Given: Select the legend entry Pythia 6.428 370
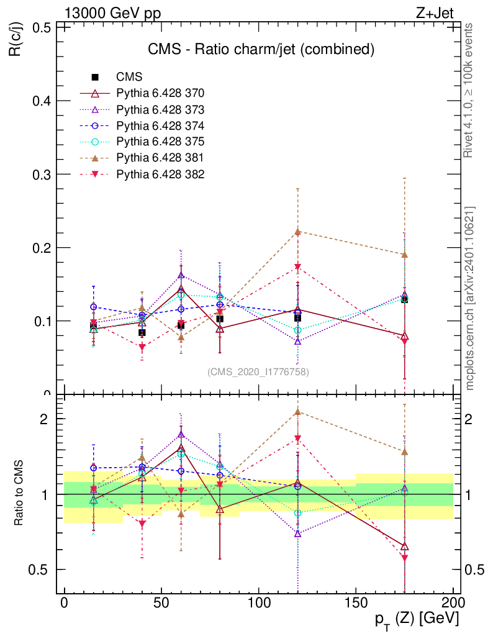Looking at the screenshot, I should coord(160,93).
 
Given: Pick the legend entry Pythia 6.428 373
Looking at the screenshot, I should coord(160,109).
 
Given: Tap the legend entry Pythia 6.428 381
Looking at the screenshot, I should coord(160,158).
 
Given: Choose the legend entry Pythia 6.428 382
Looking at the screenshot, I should coord(160,174).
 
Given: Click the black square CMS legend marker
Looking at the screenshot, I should coord(95,77).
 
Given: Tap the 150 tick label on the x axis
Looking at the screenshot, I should coord(356,604).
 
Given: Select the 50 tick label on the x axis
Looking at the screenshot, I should coord(161,604).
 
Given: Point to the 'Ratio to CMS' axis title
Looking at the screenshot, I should coord(20,494).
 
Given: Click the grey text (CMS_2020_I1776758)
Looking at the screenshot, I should coord(258,371).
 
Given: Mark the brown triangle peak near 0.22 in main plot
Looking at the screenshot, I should coord(298,232).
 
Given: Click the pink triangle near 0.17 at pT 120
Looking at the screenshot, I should coord(298,268).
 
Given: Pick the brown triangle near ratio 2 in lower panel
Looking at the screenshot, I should coord(298,411).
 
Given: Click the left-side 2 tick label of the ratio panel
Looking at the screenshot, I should coord(44,419).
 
